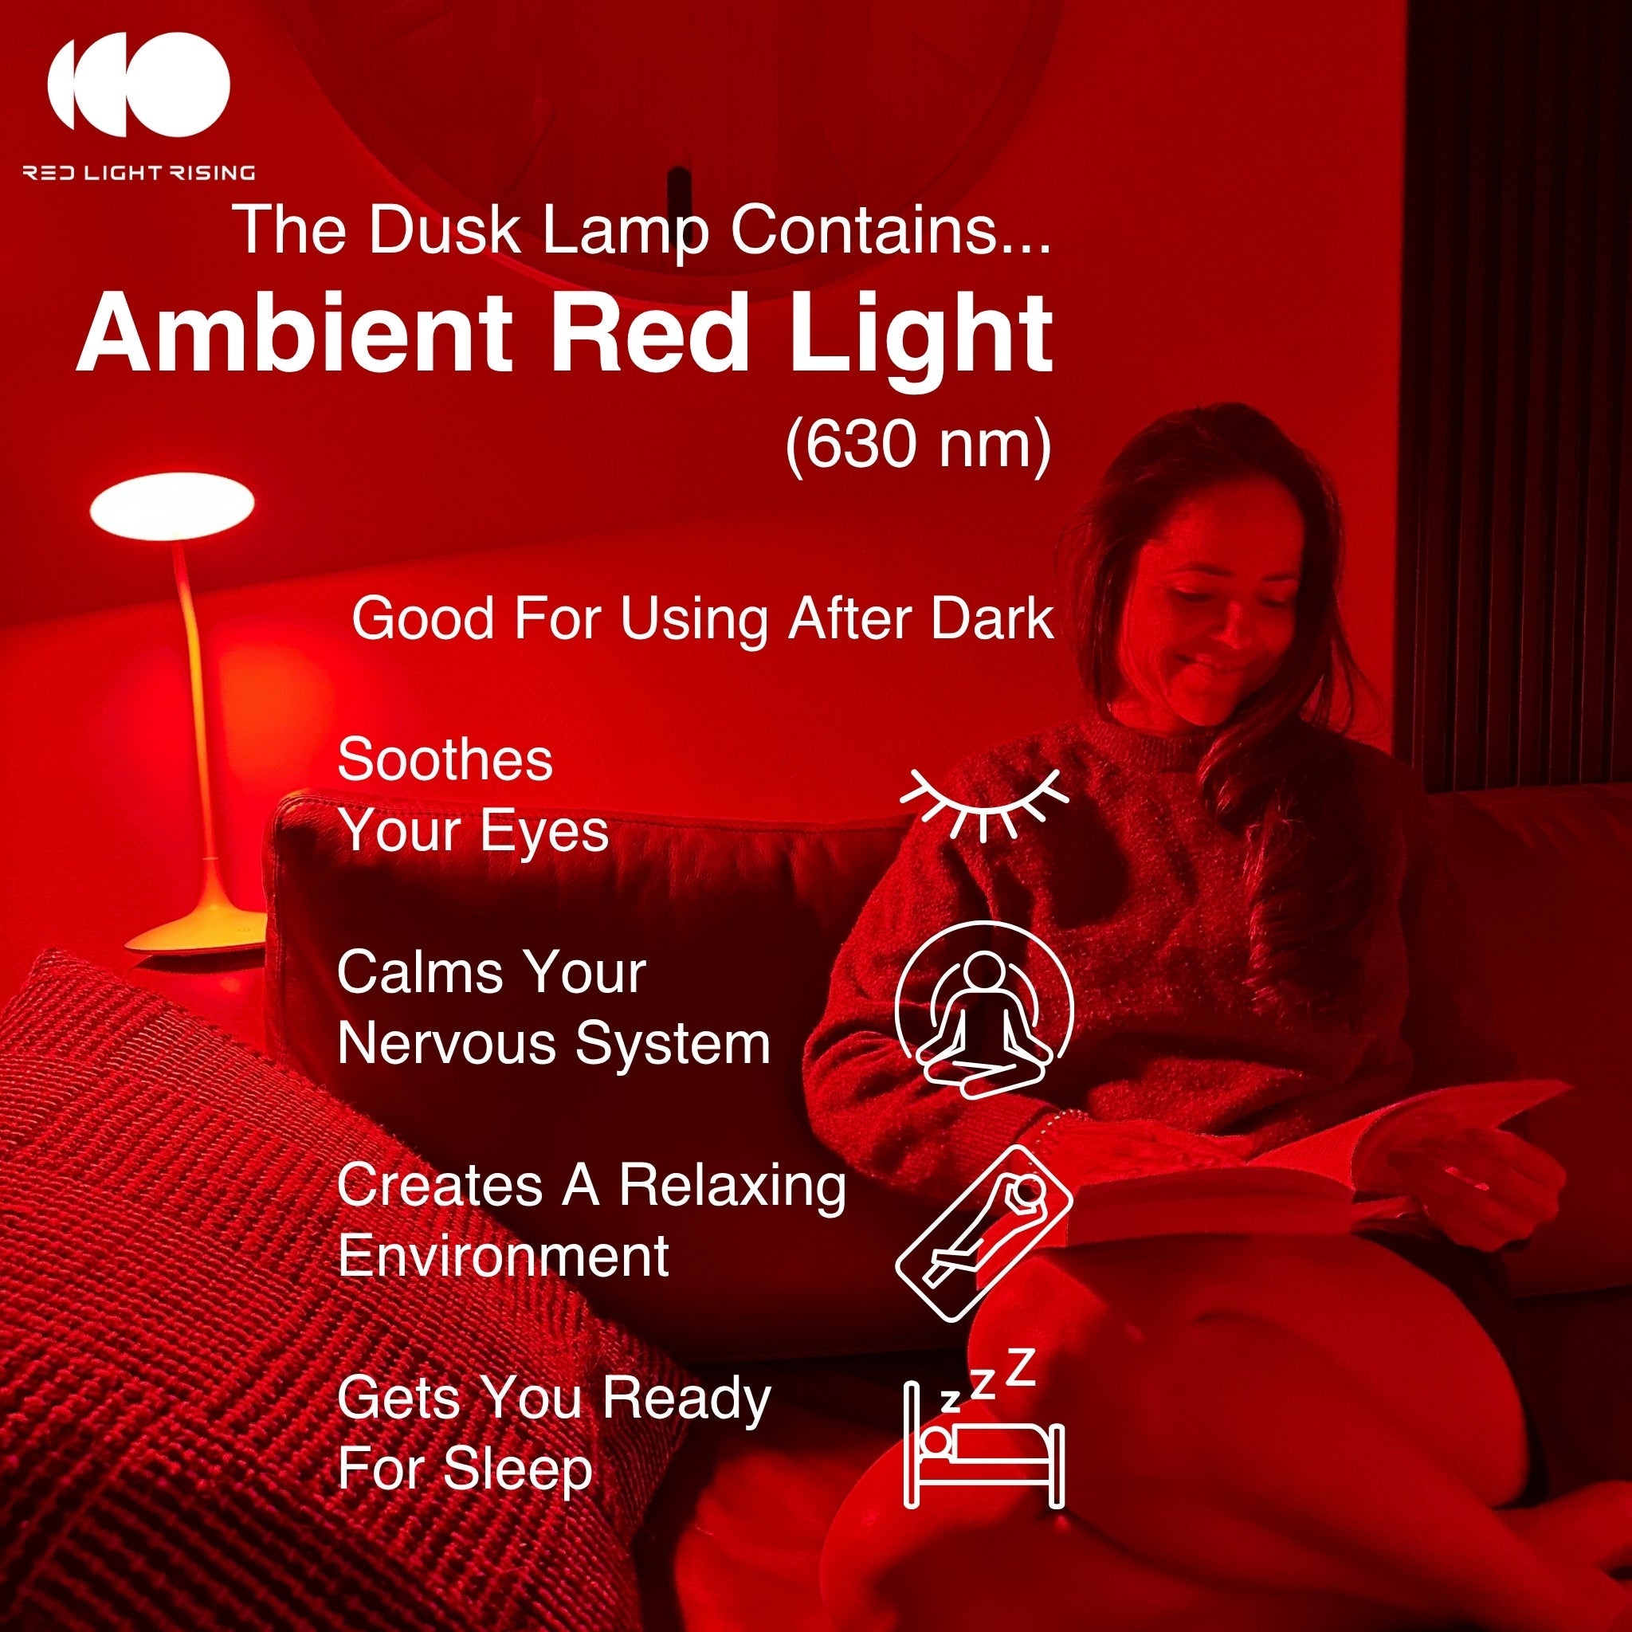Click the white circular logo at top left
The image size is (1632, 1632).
click(x=138, y=84)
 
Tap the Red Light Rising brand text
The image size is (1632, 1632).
click(x=139, y=173)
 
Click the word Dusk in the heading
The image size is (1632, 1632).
click(x=445, y=229)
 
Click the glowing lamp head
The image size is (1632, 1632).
click(x=171, y=506)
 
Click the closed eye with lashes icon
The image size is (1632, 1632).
click(x=983, y=804)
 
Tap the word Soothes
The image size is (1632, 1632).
click(x=445, y=759)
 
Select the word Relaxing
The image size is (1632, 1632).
click(x=732, y=1185)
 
